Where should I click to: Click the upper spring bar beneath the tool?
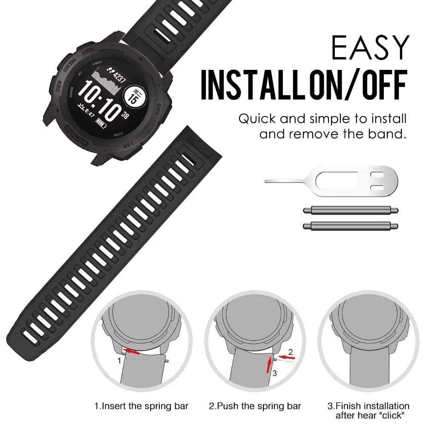[350, 210]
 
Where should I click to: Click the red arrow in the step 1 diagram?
[133, 352]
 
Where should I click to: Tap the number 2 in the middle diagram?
[291, 352]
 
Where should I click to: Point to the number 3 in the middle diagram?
[275, 374]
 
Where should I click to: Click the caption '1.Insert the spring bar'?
[141, 406]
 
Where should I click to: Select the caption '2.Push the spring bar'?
[255, 406]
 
